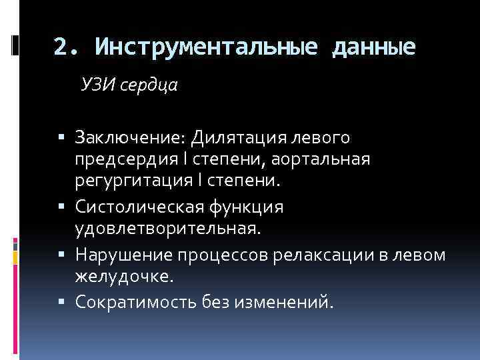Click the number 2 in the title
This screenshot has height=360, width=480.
[60, 47]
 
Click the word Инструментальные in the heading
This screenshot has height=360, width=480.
[204, 47]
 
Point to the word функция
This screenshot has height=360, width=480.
[250, 208]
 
